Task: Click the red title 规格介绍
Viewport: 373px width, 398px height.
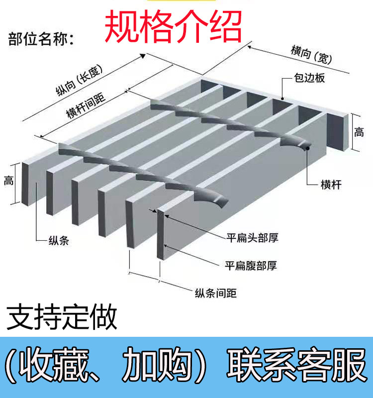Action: (x=174, y=27)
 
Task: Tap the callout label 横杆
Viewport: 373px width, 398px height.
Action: (x=331, y=185)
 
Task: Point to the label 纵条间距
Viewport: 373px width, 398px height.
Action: (x=216, y=293)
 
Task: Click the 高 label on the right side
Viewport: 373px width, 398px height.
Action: (x=359, y=132)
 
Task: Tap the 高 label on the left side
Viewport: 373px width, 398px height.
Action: (x=8, y=182)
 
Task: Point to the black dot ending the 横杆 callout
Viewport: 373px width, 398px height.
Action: (x=308, y=148)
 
